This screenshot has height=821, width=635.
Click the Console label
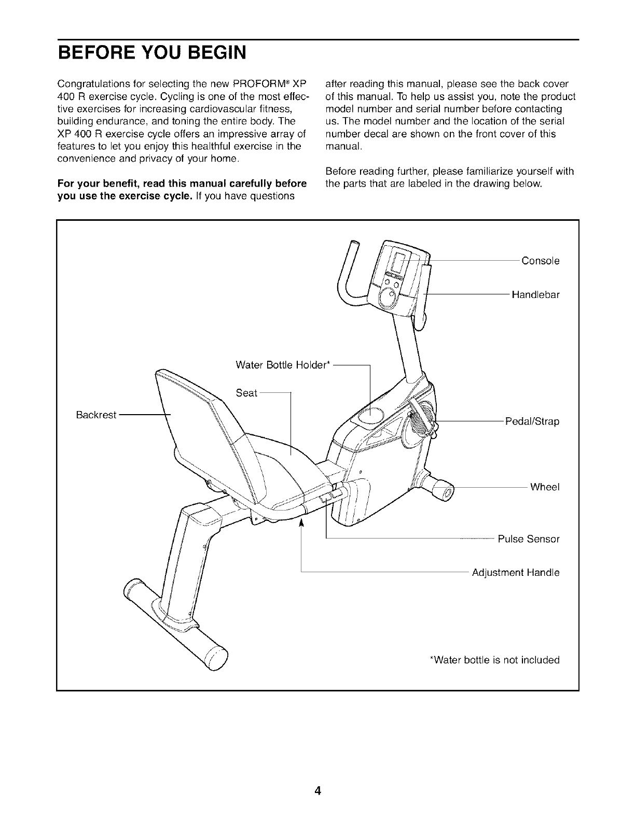pyautogui.click(x=540, y=261)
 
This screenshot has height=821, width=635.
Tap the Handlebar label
pyautogui.click(x=535, y=295)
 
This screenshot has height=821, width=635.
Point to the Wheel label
pyautogui.click(x=544, y=487)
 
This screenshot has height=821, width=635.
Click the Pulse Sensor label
pyautogui.click(x=529, y=539)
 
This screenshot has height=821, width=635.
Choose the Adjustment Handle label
pyautogui.click(x=515, y=573)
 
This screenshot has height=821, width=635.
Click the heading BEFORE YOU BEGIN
pyautogui.click(x=151, y=53)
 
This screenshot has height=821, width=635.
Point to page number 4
pyautogui.click(x=317, y=776)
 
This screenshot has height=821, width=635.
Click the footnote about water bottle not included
pyautogui.click(x=495, y=660)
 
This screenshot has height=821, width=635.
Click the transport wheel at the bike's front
pyautogui.click(x=444, y=491)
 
